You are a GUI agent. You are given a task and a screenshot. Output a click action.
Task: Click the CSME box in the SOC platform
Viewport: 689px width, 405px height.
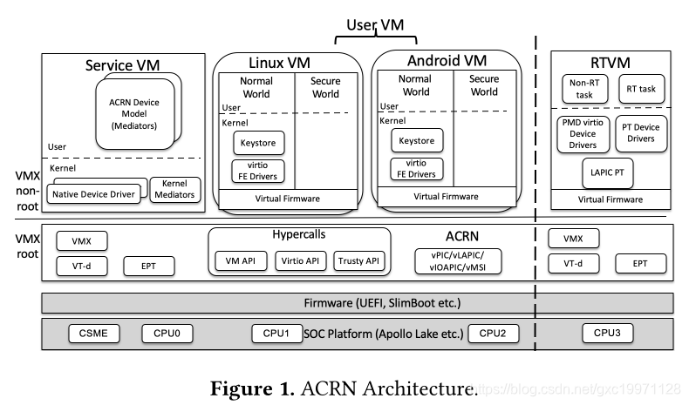point(92,333)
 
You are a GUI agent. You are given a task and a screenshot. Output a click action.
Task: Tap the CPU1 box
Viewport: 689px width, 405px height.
point(277,333)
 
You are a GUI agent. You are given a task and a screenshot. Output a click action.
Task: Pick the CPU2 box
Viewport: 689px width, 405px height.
point(494,333)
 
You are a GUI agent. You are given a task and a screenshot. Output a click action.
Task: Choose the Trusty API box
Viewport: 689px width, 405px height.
point(359,260)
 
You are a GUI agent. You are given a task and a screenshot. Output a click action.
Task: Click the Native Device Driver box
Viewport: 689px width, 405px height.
point(94,193)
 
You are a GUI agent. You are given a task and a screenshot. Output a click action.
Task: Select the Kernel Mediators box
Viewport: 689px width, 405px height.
point(174,189)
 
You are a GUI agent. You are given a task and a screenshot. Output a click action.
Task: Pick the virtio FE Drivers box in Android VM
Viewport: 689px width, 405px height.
point(416,170)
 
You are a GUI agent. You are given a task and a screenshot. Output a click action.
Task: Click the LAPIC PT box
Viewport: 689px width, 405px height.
point(606,173)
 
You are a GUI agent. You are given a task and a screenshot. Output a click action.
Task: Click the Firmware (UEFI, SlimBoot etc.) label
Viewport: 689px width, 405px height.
point(358,302)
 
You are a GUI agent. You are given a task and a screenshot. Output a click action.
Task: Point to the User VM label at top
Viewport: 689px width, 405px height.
point(376,26)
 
